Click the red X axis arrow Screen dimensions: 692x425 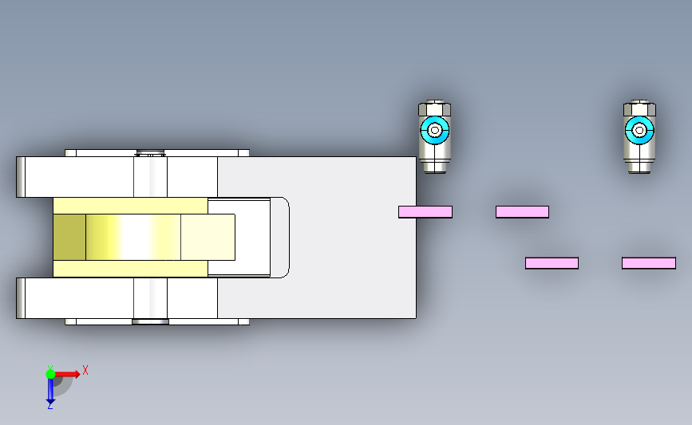point(66,374)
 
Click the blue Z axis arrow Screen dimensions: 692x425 point(50,391)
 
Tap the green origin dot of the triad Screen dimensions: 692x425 point(50,374)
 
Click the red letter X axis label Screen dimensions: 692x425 point(85,370)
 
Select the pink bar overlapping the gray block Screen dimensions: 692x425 point(425,212)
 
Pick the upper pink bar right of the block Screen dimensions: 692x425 point(522,212)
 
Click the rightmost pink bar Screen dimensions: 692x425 point(649,263)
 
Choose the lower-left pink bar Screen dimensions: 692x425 point(552,263)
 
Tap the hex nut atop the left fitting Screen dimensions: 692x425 point(435,108)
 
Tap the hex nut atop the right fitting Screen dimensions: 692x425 point(639,108)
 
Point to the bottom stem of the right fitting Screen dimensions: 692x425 point(639,167)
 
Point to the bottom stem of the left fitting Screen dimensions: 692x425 point(435,167)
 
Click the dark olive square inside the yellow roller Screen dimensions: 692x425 point(69,237)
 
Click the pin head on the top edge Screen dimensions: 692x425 point(151,153)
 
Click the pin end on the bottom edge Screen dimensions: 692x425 point(151,321)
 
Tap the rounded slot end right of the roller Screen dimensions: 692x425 point(280,238)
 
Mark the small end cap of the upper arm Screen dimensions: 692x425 point(21,177)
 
